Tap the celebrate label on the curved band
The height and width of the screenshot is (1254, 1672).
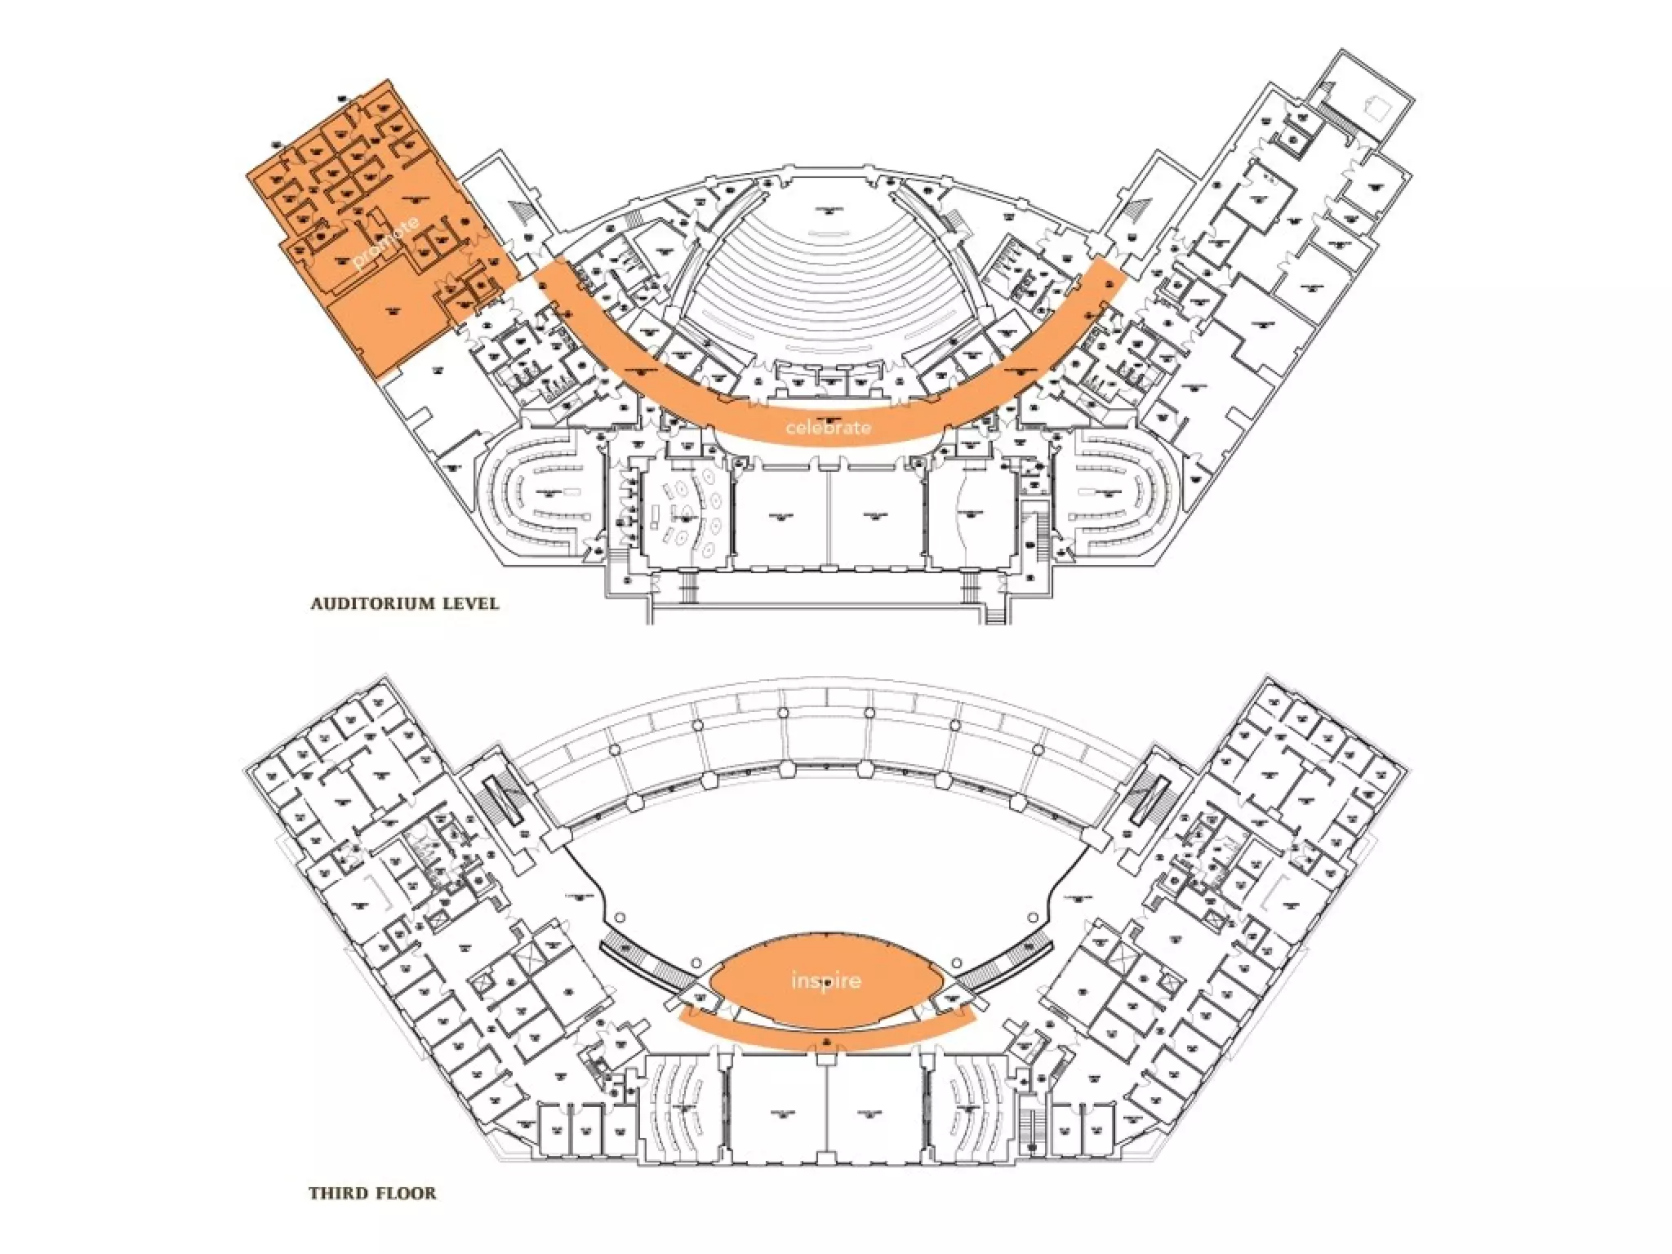pos(828,427)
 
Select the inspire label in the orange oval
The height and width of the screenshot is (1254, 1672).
pos(826,980)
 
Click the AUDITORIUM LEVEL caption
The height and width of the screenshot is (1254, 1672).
pos(404,604)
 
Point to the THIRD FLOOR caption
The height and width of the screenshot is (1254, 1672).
pos(372,1193)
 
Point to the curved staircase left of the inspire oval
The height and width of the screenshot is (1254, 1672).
pos(649,963)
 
